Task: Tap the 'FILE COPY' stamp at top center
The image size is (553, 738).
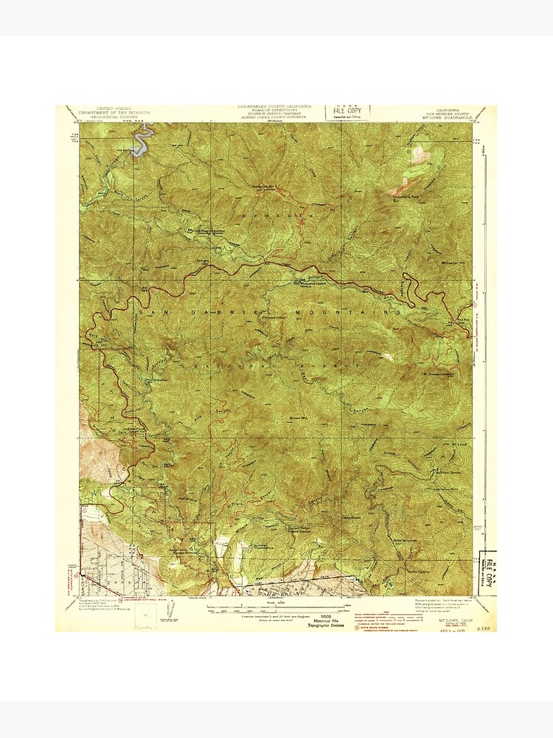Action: (349, 111)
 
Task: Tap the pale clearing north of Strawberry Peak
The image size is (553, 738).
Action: (418, 153)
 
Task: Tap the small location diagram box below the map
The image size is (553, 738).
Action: (170, 610)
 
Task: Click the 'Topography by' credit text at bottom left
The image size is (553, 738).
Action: (103, 601)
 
